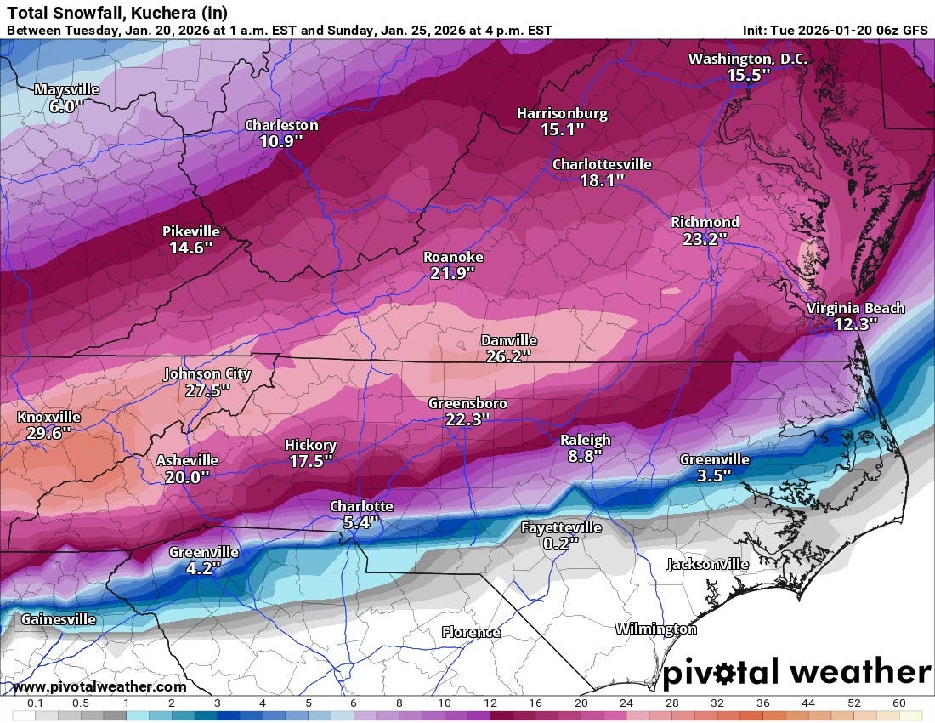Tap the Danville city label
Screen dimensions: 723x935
click(508, 340)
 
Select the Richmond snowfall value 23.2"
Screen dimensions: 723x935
click(705, 239)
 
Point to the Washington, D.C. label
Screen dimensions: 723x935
click(748, 59)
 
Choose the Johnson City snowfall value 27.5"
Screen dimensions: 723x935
click(207, 390)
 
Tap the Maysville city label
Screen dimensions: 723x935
click(66, 89)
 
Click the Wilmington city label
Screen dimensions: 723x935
click(655, 629)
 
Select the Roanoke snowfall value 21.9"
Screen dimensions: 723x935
click(453, 273)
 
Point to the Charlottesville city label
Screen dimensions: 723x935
click(602, 164)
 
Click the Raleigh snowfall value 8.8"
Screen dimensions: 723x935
click(585, 456)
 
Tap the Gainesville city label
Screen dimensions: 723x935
click(58, 619)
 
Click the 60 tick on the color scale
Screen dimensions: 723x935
click(899, 703)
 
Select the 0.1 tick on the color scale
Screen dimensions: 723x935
click(35, 703)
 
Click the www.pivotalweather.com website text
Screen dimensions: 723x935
click(99, 686)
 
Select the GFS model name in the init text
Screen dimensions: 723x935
click(915, 31)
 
